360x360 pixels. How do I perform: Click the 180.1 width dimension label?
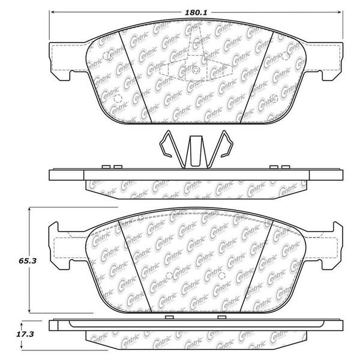196,13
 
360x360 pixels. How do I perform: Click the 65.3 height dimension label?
28,261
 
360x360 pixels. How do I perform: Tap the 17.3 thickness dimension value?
25,334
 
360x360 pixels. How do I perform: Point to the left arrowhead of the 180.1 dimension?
52,12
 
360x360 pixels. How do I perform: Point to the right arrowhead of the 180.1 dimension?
340,12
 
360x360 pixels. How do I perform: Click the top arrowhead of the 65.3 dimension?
29,210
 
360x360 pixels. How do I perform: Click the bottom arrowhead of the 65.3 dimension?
29,310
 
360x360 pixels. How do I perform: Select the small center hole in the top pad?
196,70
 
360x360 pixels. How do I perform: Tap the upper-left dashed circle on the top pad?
106,56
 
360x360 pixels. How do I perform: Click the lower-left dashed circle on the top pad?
118,98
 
